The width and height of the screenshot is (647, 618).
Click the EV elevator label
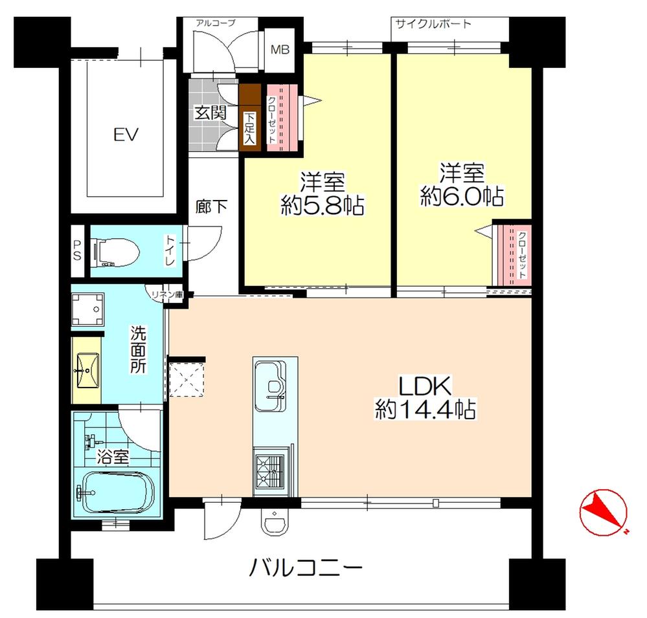(123, 135)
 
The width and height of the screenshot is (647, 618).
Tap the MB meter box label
(280, 49)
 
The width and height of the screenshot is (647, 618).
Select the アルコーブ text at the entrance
(215, 23)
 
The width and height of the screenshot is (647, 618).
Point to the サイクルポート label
(433, 24)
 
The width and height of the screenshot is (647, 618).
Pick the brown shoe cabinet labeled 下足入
(249, 120)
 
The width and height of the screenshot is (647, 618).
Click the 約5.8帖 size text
(322, 206)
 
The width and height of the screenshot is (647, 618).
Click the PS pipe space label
(76, 250)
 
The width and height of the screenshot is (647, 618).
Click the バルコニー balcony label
(305, 570)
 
